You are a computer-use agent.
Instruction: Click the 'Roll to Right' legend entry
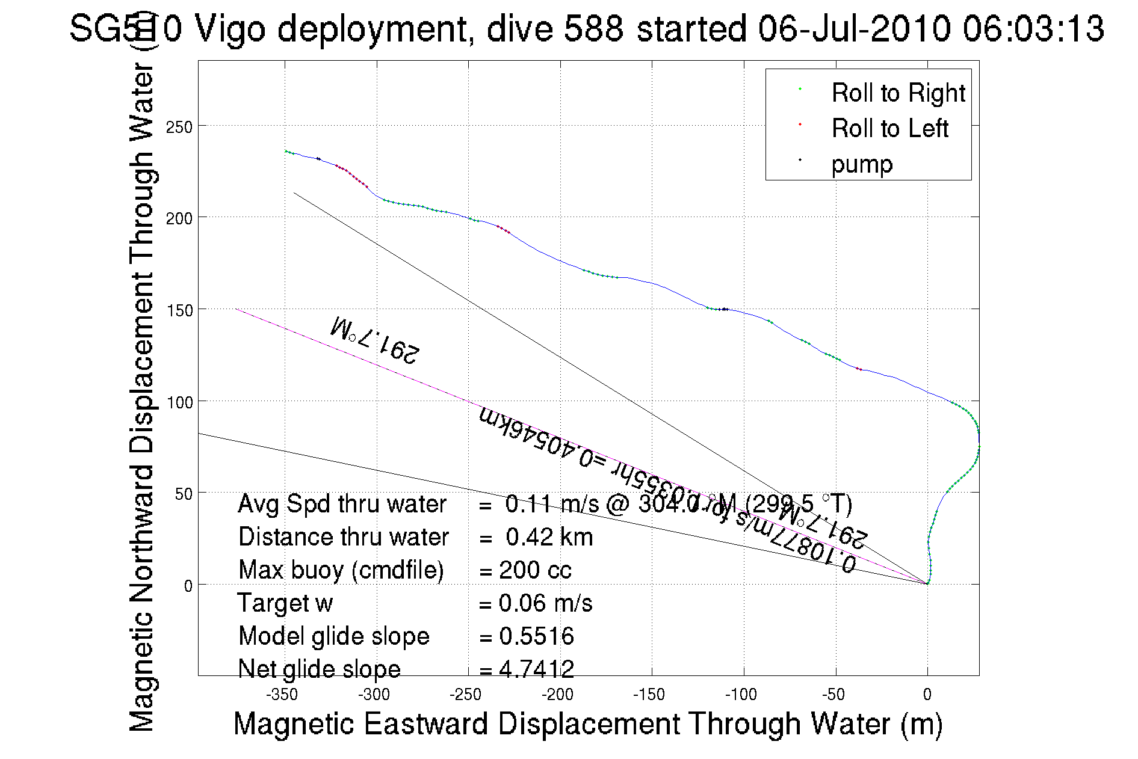pyautogui.click(x=897, y=93)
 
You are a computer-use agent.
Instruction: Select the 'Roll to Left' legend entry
pyautogui.click(x=889, y=129)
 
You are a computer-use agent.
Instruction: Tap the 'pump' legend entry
pyautogui.click(x=862, y=164)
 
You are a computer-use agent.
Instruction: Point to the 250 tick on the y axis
pyautogui.click(x=179, y=128)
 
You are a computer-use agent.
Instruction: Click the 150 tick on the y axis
pyautogui.click(x=179, y=310)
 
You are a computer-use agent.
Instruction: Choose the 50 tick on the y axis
pyautogui.click(x=183, y=494)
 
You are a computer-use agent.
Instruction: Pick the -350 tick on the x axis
pyautogui.click(x=282, y=695)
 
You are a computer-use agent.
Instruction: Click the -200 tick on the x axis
pyautogui.click(x=557, y=695)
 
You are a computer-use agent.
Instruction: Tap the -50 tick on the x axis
pyautogui.click(x=833, y=695)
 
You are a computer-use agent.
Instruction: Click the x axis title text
pyautogui.click(x=587, y=724)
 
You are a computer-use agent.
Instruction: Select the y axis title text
pyautogui.click(x=143, y=397)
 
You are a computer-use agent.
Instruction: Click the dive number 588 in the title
pyautogui.click(x=593, y=29)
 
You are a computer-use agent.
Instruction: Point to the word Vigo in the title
pyautogui.click(x=230, y=29)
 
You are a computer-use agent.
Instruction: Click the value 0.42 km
pyautogui.click(x=549, y=537)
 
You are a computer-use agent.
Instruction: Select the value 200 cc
pyautogui.click(x=535, y=570)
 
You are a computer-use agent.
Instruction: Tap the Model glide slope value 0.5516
pyautogui.click(x=536, y=636)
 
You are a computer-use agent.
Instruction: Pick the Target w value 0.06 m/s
pyautogui.click(x=545, y=603)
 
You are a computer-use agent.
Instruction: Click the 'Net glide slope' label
pyautogui.click(x=319, y=669)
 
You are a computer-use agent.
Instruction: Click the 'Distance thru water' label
pyautogui.click(x=343, y=537)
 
